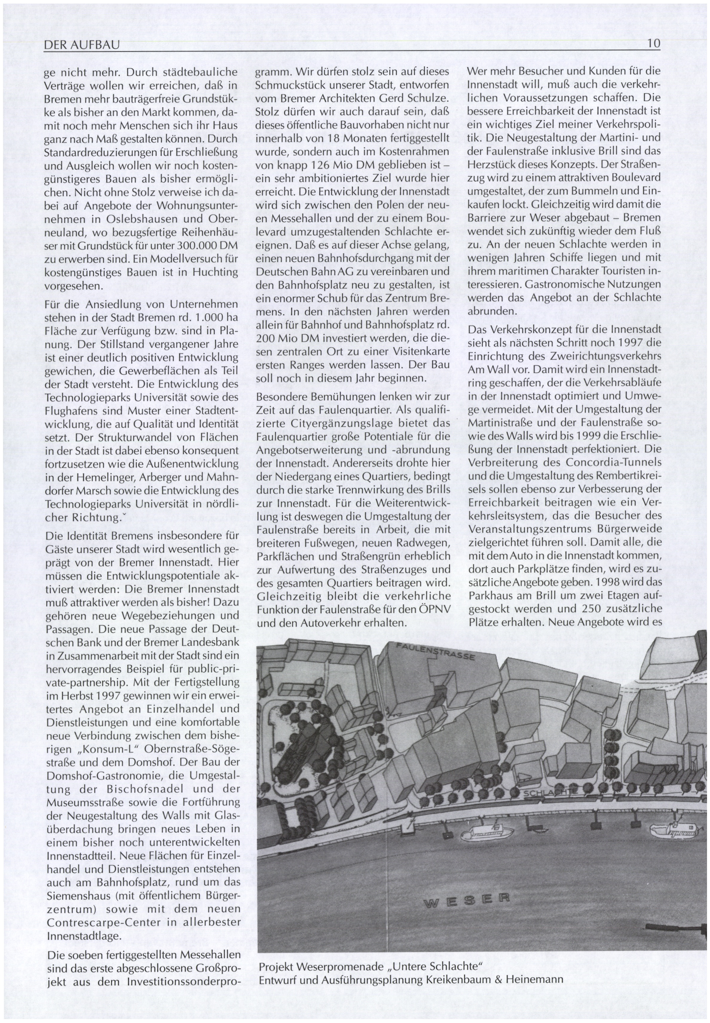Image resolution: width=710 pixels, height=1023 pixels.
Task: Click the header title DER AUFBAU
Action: click(82, 45)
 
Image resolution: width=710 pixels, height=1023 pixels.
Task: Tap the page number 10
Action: click(654, 44)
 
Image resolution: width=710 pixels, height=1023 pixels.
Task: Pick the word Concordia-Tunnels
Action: click(614, 462)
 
